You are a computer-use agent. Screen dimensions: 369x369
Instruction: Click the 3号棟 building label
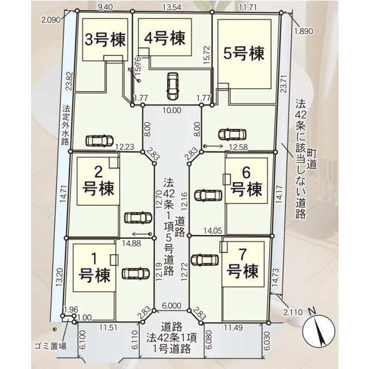pyautogui.click(x=105, y=39)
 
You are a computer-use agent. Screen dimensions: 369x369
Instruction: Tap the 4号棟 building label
pyautogui.click(x=165, y=38)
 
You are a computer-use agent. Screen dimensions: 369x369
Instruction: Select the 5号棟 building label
pyautogui.click(x=244, y=53)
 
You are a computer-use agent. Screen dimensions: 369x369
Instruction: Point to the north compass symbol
pyautogui.click(x=318, y=329)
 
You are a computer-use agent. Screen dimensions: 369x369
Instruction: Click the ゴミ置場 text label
pyautogui.click(x=50, y=346)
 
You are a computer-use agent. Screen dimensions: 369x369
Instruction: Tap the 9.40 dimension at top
pyautogui.click(x=105, y=7)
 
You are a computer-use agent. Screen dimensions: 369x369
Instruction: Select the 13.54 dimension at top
pyautogui.click(x=172, y=7)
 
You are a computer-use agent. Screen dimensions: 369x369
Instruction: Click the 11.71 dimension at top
pyautogui.click(x=247, y=7)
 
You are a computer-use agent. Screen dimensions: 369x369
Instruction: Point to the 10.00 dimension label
pyautogui.click(x=172, y=110)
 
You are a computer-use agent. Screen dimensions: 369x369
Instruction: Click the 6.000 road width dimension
pyautogui.click(x=172, y=306)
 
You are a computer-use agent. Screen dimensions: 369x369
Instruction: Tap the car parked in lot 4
pyautogui.click(x=172, y=86)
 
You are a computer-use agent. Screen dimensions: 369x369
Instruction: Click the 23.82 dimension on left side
pyautogui.click(x=69, y=81)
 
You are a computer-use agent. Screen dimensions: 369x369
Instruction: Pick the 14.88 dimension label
pyautogui.click(x=131, y=243)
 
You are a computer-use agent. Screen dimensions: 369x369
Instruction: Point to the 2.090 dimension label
pyautogui.click(x=51, y=20)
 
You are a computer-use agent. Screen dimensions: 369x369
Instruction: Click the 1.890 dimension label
pyautogui.click(x=304, y=31)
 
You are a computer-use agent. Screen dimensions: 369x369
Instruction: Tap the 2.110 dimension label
pyautogui.click(x=293, y=312)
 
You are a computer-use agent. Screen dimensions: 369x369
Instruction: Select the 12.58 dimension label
pyautogui.click(x=238, y=148)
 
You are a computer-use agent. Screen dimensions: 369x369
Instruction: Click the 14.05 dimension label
pyautogui.click(x=213, y=231)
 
